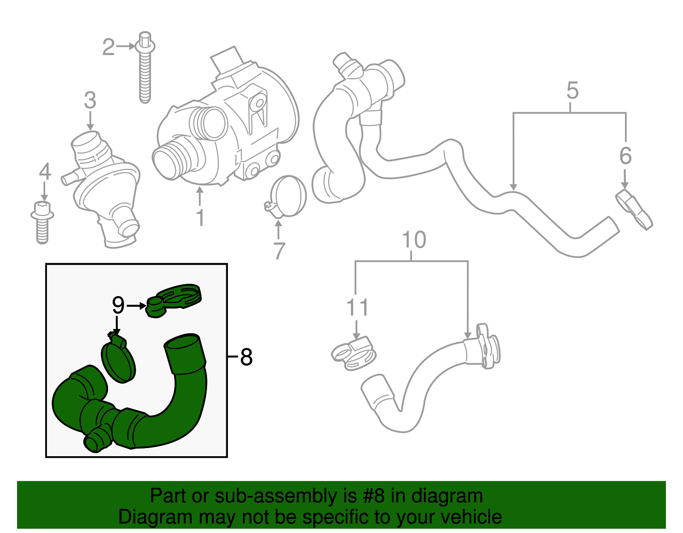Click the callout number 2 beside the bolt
tap(108, 47)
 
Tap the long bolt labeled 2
tap(145, 67)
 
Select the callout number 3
tap(90, 100)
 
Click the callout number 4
tap(45, 171)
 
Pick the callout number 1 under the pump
tap(200, 217)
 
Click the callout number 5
tap(572, 90)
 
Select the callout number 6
tap(625, 155)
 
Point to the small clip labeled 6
tap(633, 210)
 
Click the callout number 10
tap(414, 240)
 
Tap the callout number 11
tap(357, 307)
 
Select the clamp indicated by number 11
tap(354, 354)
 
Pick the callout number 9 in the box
tap(119, 305)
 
